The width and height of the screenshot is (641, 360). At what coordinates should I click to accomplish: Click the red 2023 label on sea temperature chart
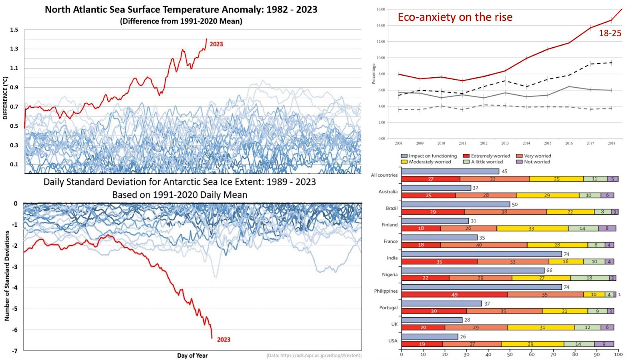216,44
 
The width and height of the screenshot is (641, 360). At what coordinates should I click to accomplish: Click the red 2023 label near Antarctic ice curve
224,340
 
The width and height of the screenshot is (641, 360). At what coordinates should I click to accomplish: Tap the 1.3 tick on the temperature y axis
14,49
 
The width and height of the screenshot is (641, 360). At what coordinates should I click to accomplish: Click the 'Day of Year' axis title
192,356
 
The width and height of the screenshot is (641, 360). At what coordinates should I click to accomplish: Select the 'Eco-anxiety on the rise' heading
455,17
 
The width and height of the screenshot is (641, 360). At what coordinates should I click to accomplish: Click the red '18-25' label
610,34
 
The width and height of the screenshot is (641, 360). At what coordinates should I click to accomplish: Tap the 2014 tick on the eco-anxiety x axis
526,143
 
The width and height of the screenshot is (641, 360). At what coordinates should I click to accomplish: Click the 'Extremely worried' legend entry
487,156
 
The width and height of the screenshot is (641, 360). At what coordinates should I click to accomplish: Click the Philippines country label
386,291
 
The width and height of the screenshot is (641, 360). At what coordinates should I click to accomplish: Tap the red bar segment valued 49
454,294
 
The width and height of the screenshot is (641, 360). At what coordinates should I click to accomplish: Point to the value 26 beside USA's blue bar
463,337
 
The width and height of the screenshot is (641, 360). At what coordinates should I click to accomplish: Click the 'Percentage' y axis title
373,74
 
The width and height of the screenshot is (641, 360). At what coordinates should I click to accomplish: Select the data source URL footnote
314,356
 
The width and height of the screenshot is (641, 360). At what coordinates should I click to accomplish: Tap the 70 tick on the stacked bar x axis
553,354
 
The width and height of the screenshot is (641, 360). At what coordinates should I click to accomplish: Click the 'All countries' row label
384,175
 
